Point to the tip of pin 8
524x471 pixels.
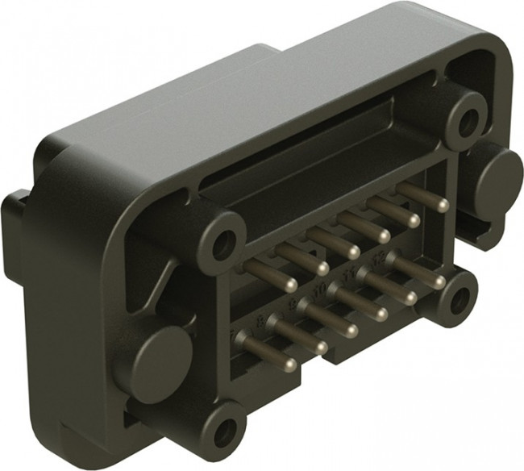pos(320,348)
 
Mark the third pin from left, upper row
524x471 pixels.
pos(352,252)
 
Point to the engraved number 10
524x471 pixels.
pos(318,288)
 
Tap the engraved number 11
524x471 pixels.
pos(348,275)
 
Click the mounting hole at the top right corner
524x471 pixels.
pos(465,121)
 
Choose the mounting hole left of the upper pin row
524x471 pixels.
pos(223,243)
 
